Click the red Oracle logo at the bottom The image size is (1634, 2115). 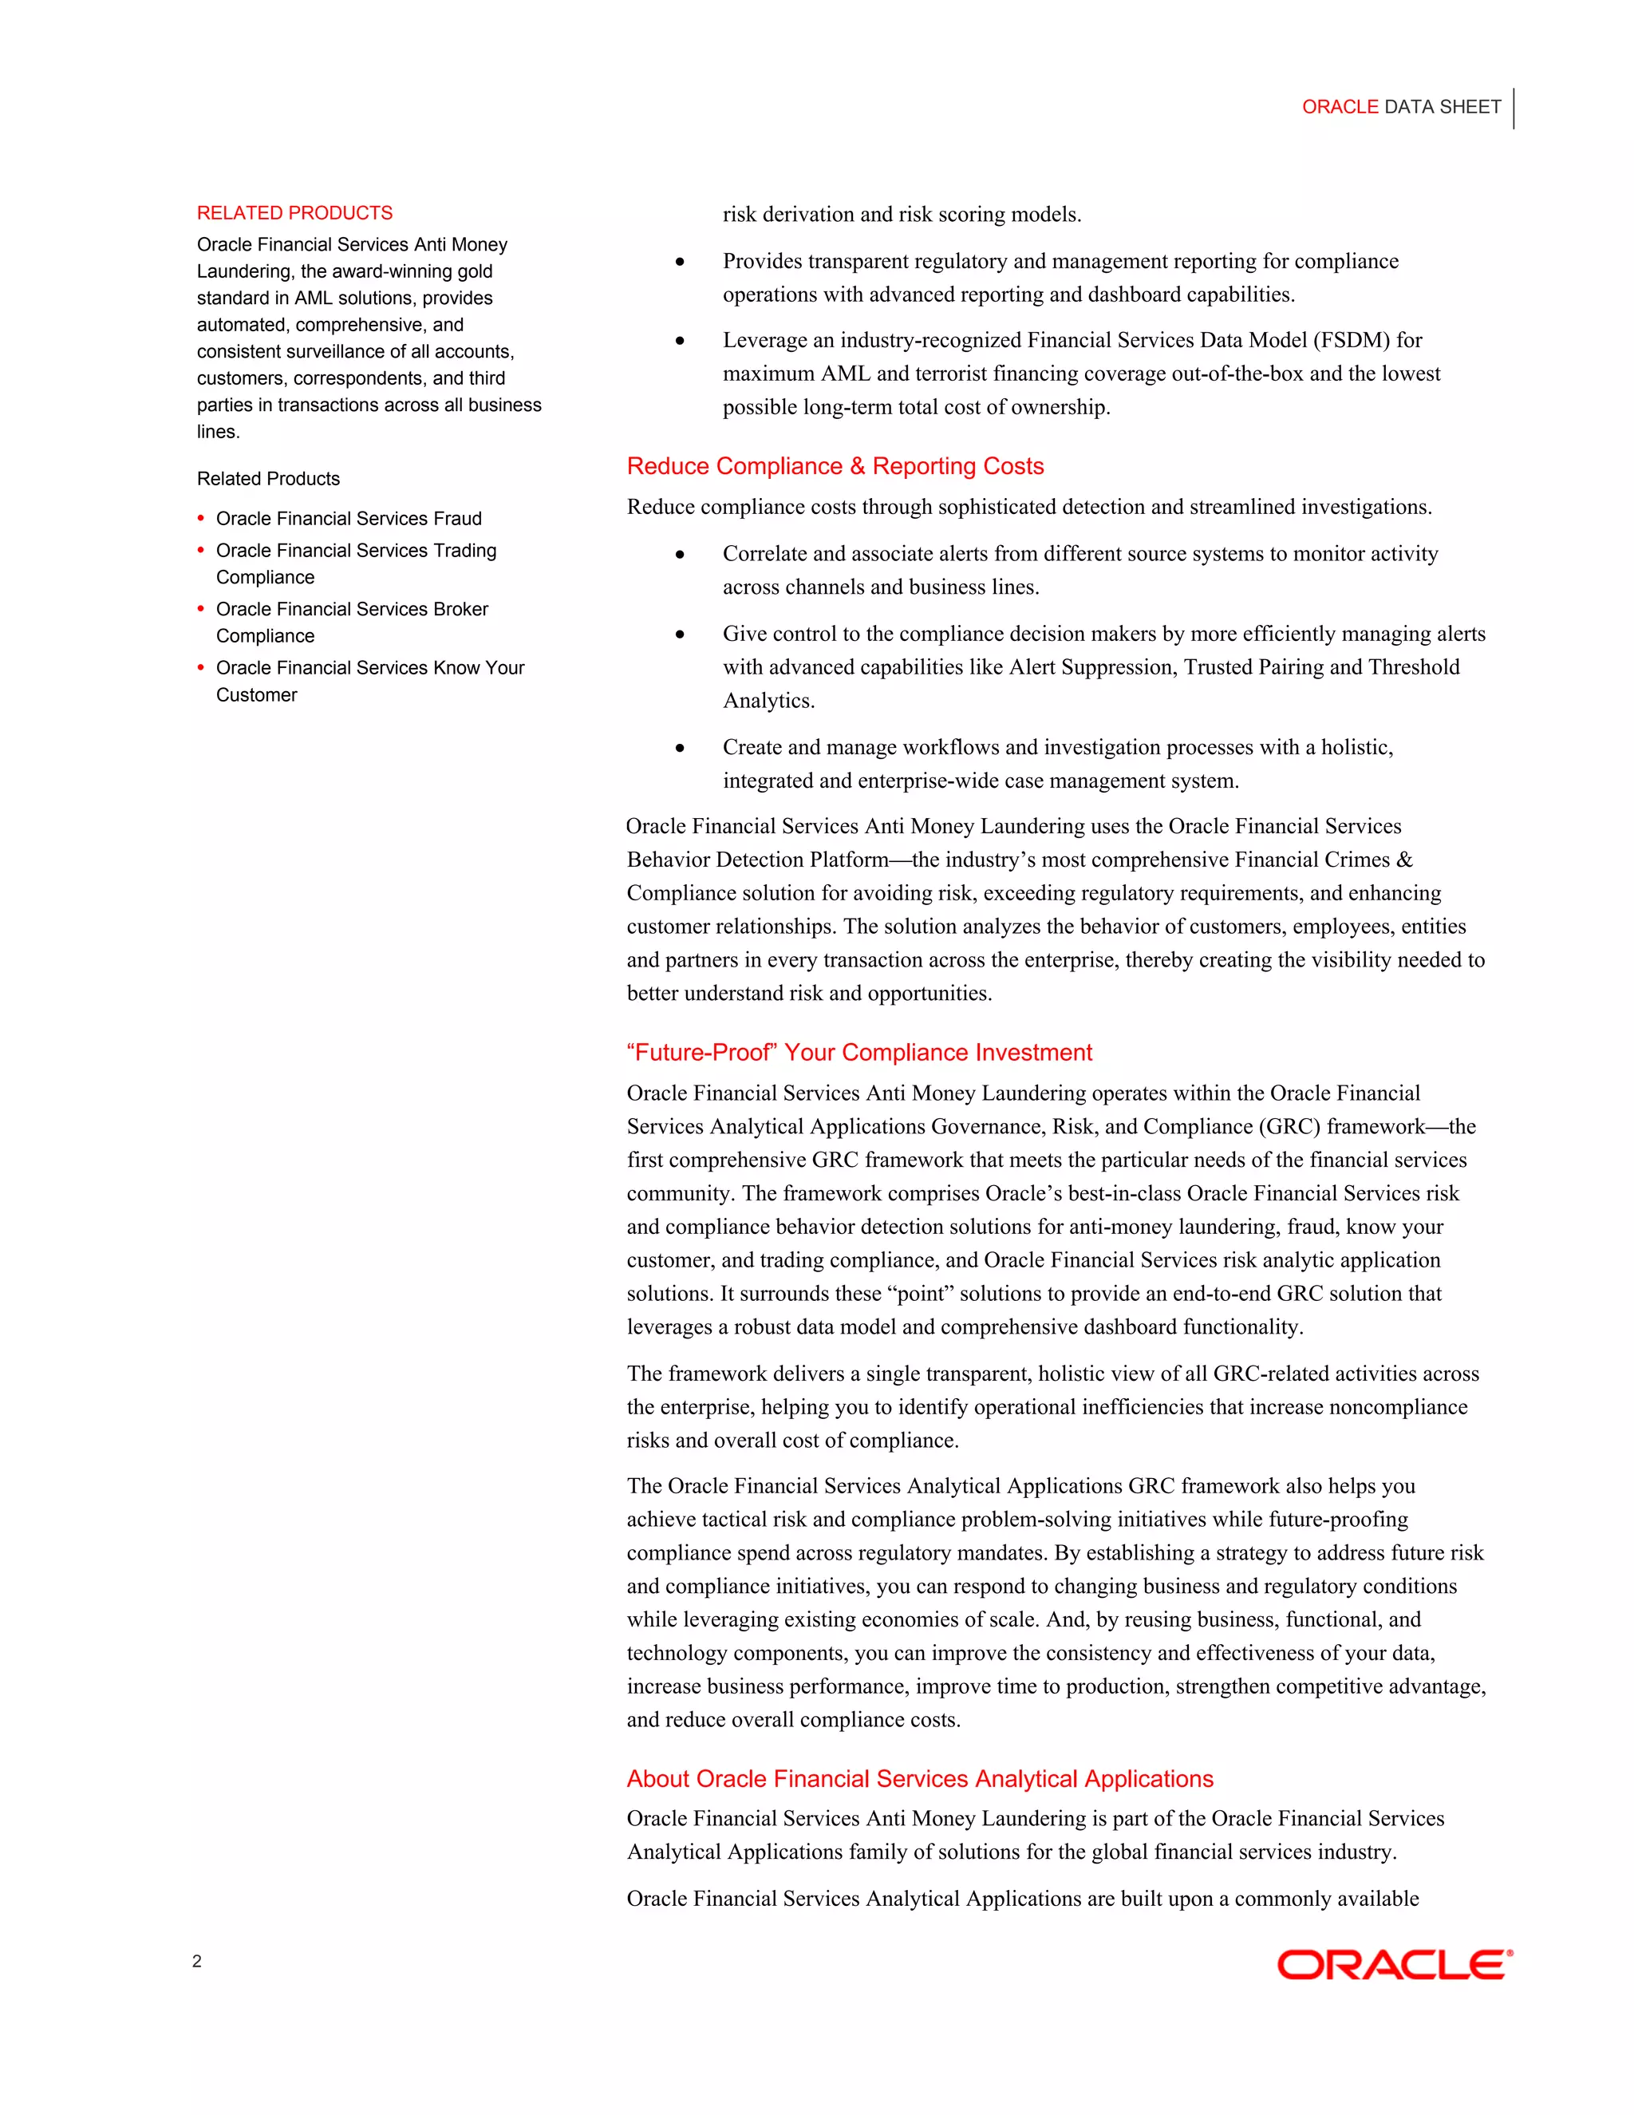pos(1394,1965)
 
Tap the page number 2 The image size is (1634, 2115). pos(198,1961)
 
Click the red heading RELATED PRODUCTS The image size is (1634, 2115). pos(294,213)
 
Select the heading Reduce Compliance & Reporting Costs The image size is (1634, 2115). pos(835,466)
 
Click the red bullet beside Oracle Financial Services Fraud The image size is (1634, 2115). pos(201,518)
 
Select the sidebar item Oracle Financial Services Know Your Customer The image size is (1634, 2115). pos(369,681)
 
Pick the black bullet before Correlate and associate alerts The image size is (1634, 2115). pos(681,554)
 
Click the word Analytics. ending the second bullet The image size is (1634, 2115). pos(768,700)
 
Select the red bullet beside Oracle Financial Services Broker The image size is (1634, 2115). pos(201,609)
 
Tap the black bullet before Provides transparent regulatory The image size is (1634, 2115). pos(681,262)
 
